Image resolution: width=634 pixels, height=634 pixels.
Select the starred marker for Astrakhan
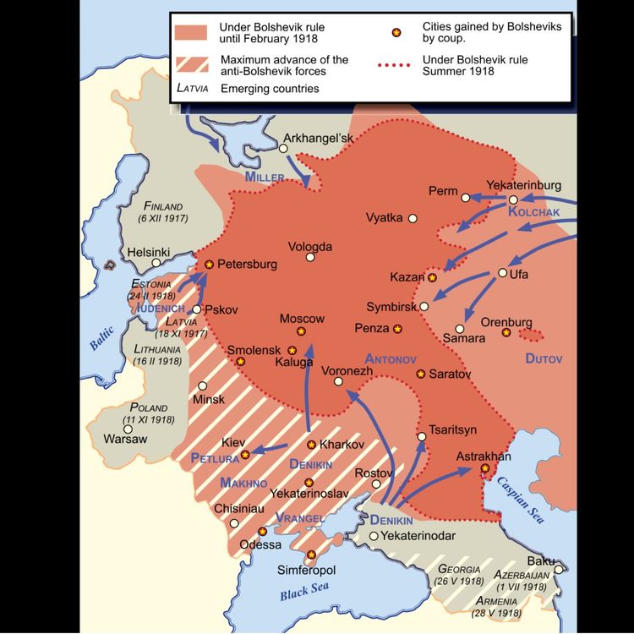pos(484,468)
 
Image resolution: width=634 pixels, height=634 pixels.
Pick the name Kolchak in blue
pos(534,213)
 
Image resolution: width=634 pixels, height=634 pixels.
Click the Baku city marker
pos(559,570)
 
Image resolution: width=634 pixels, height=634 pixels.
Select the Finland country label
pos(164,206)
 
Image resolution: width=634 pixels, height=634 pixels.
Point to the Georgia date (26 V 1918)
pos(459,582)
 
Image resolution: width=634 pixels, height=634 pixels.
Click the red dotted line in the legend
pos(395,65)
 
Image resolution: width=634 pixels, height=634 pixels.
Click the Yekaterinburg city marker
pos(512,199)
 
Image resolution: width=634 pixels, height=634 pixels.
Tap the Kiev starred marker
pos(245,455)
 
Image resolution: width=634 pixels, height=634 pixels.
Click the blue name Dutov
pos(543,359)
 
